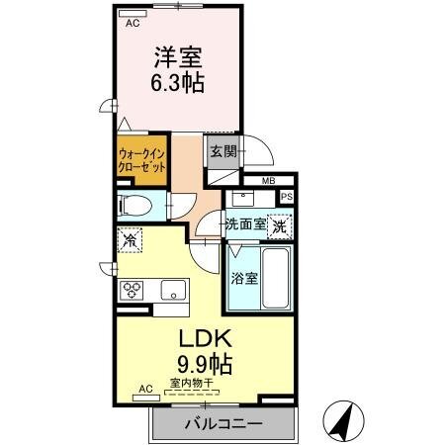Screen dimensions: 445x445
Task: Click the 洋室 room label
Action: click(178, 57)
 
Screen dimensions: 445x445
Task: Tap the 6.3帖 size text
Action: click(177, 82)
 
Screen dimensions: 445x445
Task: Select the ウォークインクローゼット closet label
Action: click(141, 160)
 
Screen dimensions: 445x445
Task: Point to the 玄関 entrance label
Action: click(223, 151)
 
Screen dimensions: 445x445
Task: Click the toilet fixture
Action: click(135, 207)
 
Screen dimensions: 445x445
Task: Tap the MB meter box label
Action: click(268, 181)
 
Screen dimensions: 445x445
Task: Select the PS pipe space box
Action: click(287, 197)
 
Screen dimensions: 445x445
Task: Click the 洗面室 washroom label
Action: click(246, 224)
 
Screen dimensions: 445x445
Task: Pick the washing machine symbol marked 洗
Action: click(280, 226)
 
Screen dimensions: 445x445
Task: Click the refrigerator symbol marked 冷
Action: click(130, 240)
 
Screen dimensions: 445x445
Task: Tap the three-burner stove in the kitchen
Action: click(132, 291)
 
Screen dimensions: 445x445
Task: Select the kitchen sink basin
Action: click(173, 290)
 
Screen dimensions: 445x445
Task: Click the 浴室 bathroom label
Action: click(244, 279)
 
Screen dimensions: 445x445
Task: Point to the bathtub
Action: click(276, 278)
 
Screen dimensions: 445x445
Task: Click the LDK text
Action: click(205, 338)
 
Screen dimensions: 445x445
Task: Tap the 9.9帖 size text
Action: click(205, 364)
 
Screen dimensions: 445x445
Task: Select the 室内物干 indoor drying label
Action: click(192, 383)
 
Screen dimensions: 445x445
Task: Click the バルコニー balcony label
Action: click(223, 423)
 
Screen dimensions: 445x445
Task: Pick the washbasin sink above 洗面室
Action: click(243, 199)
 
